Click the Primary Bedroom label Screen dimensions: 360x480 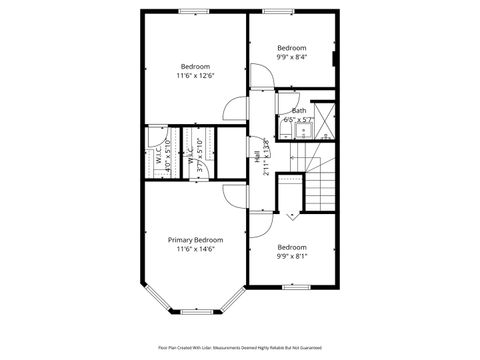(195, 240)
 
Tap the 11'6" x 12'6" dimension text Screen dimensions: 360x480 (195, 76)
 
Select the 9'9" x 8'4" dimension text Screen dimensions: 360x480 (292, 57)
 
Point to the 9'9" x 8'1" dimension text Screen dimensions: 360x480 (292, 256)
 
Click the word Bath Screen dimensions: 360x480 (299, 110)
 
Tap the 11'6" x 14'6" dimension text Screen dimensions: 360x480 (195, 250)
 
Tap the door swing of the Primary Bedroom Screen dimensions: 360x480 (231, 194)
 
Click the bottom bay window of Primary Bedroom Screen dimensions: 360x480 (194, 312)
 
